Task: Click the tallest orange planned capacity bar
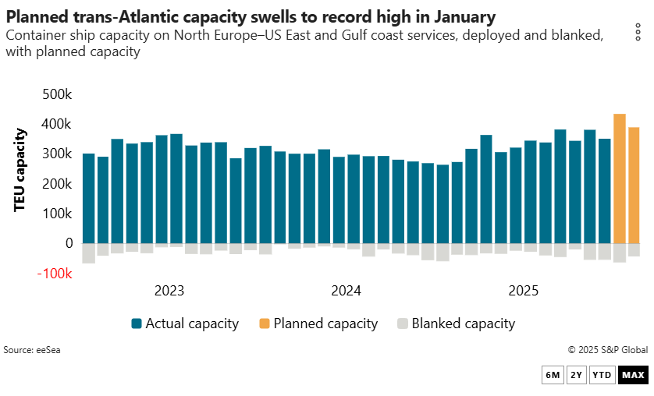point(620,179)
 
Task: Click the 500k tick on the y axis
point(56,94)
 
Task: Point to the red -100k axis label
point(55,274)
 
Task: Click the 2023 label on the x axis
point(169,292)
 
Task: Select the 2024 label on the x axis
point(347,292)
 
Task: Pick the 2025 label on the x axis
point(524,292)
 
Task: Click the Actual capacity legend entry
point(184,324)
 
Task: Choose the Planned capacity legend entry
point(318,324)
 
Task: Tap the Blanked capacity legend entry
point(456,324)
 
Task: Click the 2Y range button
point(576,376)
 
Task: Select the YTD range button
point(602,376)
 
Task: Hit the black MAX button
point(633,376)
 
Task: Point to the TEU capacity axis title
point(20,169)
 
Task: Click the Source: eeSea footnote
point(32,350)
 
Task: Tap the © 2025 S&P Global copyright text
point(606,350)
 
